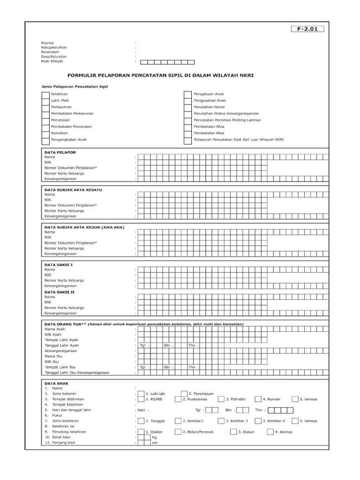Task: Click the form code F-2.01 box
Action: pos(307,29)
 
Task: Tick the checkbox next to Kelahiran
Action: pos(45,95)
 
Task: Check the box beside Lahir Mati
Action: pos(45,101)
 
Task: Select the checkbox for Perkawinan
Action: pos(45,107)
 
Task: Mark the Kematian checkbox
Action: pos(45,133)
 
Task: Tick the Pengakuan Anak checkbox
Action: pos(187,95)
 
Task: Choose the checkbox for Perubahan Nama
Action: pos(187,107)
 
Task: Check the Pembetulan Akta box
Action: pos(187,127)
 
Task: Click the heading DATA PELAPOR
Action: pos(60,152)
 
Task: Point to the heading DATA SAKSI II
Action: pos(59,292)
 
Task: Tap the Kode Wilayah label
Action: pos(52,61)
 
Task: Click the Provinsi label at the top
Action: pos(48,43)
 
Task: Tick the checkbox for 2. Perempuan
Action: pos(184,394)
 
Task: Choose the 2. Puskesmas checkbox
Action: pos(178,399)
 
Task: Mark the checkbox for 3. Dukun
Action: pos(233,432)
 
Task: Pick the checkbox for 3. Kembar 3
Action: pos(220,421)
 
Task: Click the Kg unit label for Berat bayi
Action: pos(154,437)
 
